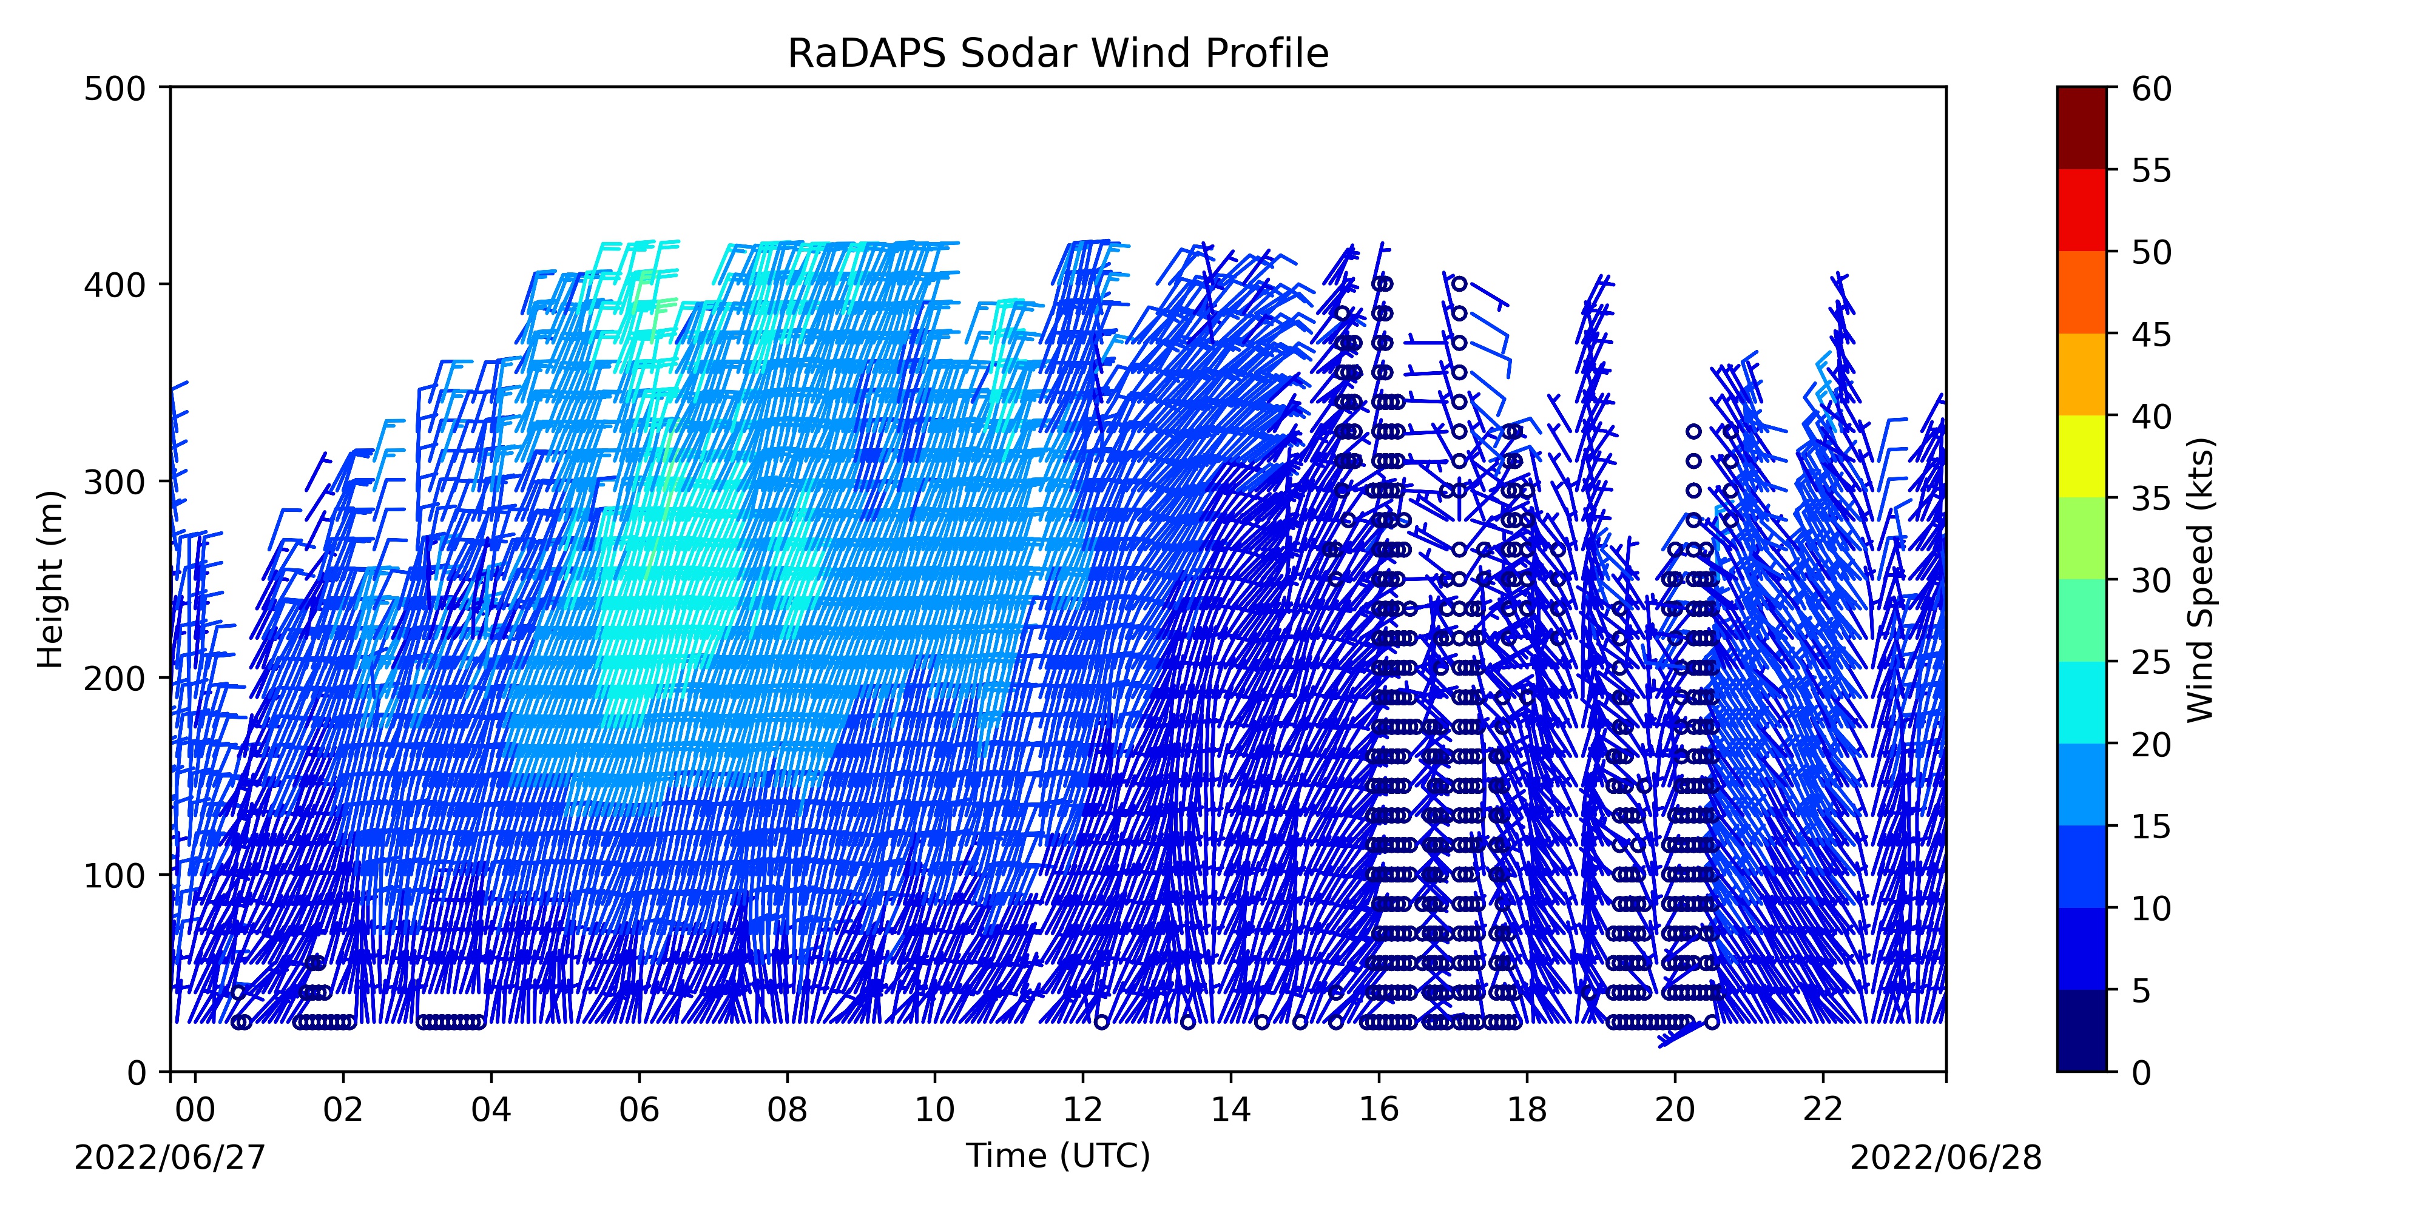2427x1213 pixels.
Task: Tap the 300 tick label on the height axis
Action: pyautogui.click(x=120, y=481)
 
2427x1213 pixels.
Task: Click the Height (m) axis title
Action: pyautogui.click(x=50, y=579)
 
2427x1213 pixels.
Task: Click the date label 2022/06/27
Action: pyautogui.click(x=170, y=1184)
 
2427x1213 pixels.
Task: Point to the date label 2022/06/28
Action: pyautogui.click(x=1946, y=1184)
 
